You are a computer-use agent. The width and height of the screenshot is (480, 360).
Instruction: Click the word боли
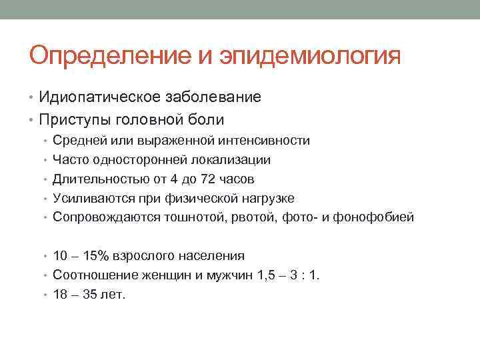click(207, 120)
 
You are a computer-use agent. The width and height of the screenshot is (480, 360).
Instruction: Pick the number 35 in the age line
click(87, 294)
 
